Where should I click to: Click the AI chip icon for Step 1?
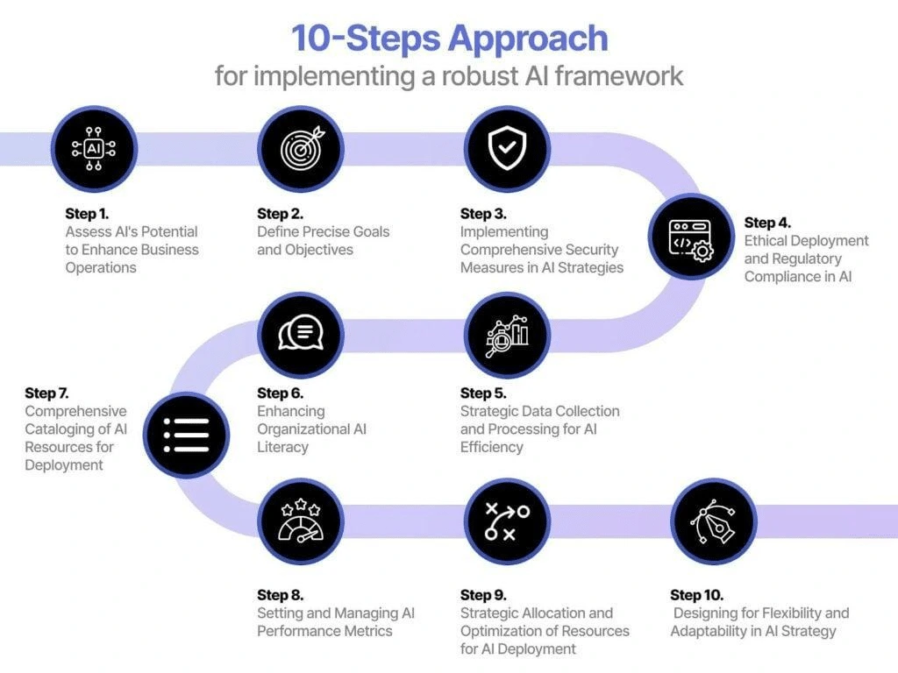tap(94, 149)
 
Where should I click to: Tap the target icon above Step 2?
tap(301, 149)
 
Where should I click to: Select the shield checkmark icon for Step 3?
tap(506, 149)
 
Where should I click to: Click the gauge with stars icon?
tap(301, 521)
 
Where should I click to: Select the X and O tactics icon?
tap(506, 521)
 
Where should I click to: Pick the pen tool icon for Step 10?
tap(713, 521)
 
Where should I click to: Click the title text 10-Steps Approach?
tap(449, 39)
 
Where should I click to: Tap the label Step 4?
tap(767, 223)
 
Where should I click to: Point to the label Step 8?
tap(281, 595)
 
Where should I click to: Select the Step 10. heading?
tap(697, 595)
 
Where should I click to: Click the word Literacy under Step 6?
tap(282, 447)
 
